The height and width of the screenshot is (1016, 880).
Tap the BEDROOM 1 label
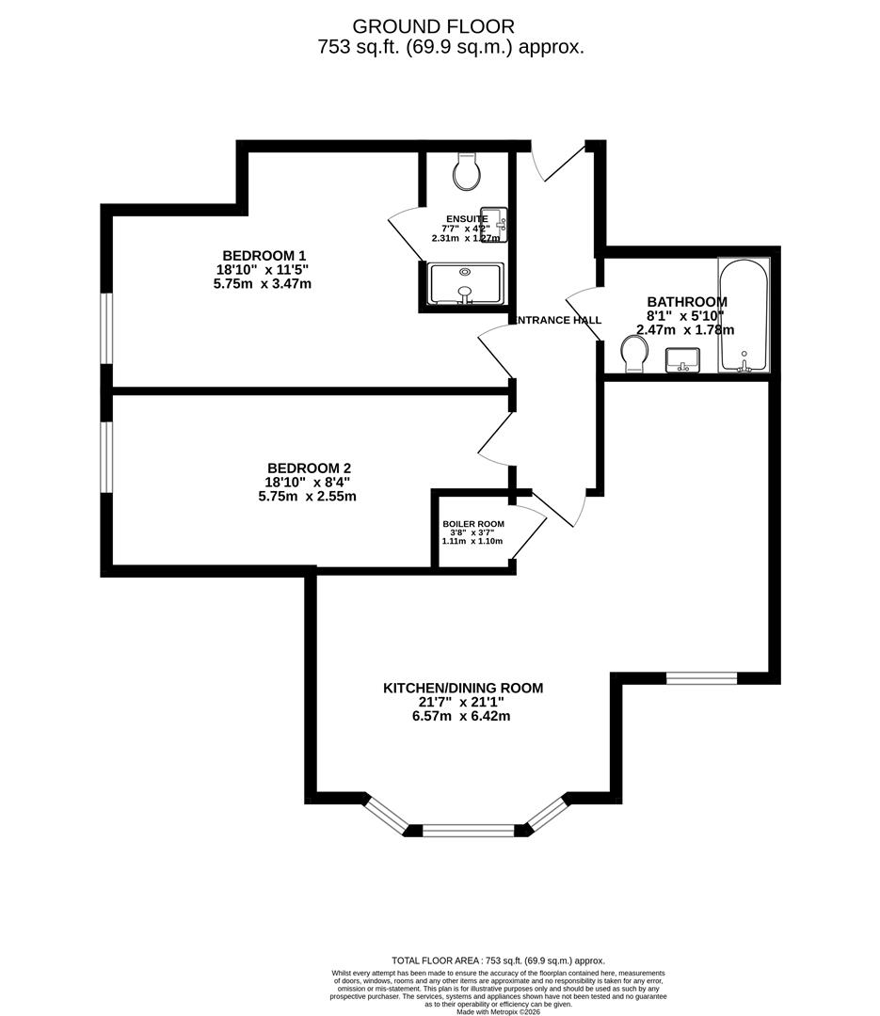point(264,256)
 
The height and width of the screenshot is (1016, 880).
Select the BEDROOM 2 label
point(309,468)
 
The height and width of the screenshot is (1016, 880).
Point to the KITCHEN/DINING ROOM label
point(463,689)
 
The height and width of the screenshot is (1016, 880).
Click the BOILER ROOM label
point(473,524)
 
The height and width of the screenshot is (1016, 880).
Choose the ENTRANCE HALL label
point(559,321)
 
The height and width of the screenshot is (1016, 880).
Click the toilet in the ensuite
point(467,171)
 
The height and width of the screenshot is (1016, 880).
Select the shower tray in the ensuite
point(465,284)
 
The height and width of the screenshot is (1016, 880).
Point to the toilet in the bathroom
point(635,355)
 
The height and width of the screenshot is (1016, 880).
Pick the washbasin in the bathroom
point(683,359)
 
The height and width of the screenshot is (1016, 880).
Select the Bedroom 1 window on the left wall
point(107,327)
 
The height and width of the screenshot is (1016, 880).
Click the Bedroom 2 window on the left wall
point(107,455)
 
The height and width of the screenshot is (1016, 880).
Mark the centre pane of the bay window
point(468,830)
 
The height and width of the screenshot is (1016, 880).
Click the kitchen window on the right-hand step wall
point(701,677)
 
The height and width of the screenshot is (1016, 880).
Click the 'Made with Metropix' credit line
point(500,1011)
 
